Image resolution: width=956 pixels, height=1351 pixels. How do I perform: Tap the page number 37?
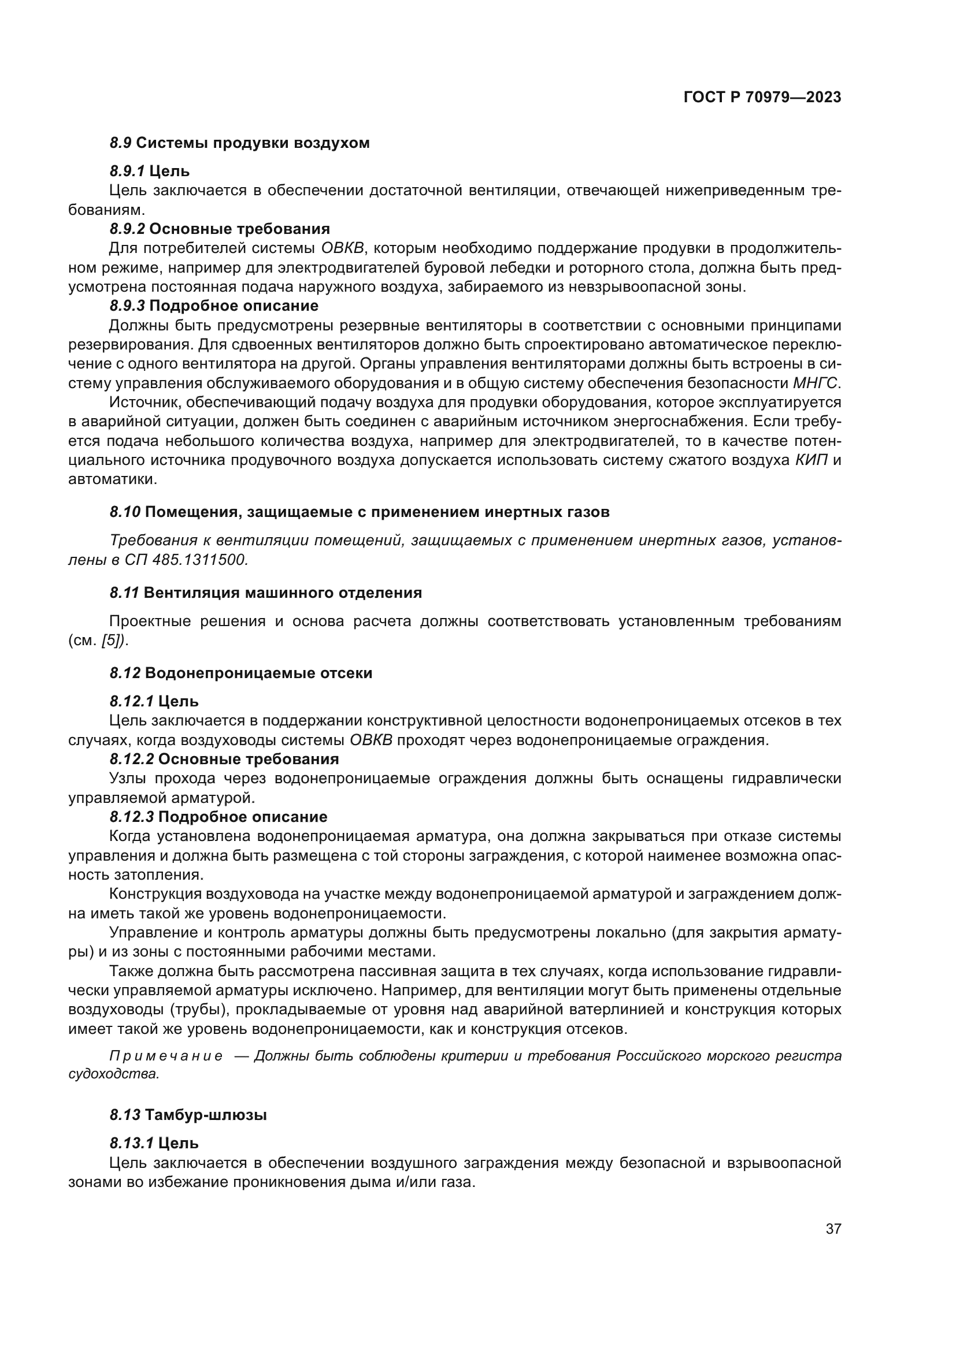coord(833,1229)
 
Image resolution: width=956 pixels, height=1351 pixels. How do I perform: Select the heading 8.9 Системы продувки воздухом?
coord(240,143)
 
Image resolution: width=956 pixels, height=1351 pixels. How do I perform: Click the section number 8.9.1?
coord(127,171)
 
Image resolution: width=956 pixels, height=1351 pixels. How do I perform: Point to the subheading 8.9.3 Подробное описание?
coord(214,306)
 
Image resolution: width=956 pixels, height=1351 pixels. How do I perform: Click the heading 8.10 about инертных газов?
coord(359,512)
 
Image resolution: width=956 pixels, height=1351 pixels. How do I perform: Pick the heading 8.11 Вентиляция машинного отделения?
coord(265,593)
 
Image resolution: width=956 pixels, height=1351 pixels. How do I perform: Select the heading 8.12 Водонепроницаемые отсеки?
coord(241,673)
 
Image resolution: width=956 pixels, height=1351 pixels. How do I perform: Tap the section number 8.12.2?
coord(131,759)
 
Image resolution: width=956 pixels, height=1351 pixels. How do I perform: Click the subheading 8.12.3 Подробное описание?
coord(218,817)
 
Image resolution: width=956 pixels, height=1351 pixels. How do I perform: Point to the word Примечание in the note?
coord(166,1056)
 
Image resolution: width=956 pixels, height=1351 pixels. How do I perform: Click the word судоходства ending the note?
coord(114,1074)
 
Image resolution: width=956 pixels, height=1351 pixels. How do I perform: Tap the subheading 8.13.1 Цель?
coord(154,1143)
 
